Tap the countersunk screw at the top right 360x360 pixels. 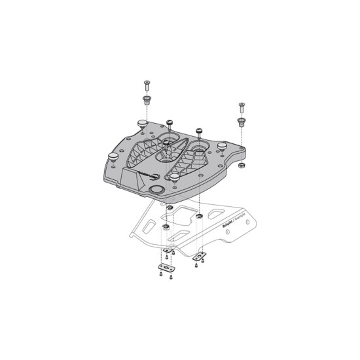coord(242,107)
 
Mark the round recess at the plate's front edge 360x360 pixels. coord(157,190)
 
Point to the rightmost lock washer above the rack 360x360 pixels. coord(198,216)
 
